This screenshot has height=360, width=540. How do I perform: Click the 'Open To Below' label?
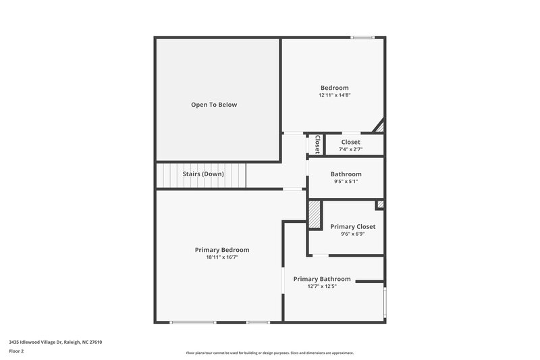coord(214,105)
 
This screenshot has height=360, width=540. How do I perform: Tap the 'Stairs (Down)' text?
coord(203,174)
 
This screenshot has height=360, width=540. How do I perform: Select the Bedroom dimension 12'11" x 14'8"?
coord(334,95)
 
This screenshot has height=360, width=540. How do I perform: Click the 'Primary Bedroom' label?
coord(222,250)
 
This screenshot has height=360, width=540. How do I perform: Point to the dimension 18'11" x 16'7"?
coord(222,257)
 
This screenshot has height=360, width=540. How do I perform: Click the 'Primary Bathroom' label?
coord(322,279)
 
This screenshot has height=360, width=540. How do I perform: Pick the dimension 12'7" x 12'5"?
coord(322,286)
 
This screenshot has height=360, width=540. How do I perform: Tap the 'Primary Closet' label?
coord(352,226)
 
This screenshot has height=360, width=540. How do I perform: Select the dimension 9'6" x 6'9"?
coord(352,234)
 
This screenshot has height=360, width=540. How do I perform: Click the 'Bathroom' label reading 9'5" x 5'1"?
coord(346,174)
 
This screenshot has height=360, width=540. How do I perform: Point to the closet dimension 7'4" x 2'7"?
coord(350,149)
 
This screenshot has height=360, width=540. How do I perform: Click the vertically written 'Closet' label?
coord(317,145)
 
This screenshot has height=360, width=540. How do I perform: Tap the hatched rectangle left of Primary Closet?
coord(314,215)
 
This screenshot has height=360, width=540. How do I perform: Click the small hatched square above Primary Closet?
coord(380,204)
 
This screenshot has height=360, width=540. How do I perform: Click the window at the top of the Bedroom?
coord(362,38)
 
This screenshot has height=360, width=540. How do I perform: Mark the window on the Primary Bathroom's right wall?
coord(385,302)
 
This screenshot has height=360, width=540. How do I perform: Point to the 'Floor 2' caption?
coord(16,351)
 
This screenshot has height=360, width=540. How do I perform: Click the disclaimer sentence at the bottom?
coord(269,353)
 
